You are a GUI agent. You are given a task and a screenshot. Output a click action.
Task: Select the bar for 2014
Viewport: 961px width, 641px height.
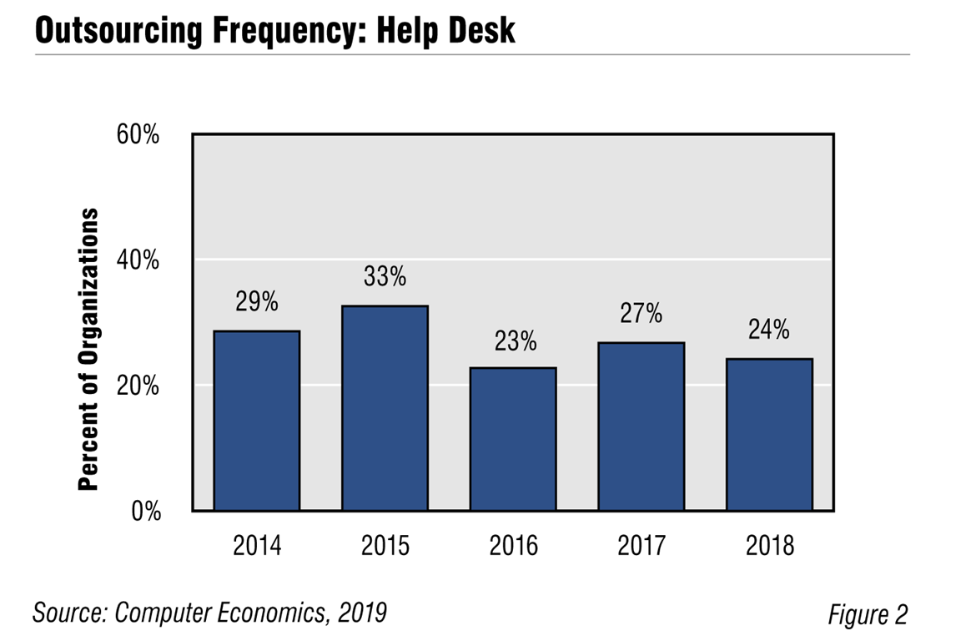coord(257,421)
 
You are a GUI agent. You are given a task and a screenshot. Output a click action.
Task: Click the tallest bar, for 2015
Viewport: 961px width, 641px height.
coord(385,408)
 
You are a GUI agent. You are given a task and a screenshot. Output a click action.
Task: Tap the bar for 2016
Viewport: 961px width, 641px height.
coord(513,439)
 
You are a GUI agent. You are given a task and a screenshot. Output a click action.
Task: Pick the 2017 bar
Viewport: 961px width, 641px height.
coord(641,426)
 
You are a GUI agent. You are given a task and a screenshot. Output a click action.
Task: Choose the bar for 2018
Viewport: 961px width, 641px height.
coord(769,435)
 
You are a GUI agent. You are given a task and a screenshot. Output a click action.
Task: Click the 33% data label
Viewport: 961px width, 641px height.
coord(385,277)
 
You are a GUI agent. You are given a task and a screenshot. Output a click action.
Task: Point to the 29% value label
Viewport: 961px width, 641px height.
coord(257,302)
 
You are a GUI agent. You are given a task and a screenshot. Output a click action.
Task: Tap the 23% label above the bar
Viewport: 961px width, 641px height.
coord(513,341)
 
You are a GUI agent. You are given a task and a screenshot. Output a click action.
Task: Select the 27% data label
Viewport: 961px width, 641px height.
coord(641,314)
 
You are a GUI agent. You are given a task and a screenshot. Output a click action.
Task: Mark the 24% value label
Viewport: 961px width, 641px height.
coord(769,331)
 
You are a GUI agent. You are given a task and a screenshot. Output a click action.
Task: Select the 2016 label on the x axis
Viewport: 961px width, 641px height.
coord(513,547)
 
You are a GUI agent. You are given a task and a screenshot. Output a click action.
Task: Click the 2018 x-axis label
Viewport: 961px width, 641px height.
coord(769,547)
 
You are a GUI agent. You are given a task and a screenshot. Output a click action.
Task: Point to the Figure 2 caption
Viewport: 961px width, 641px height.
coord(867,615)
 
